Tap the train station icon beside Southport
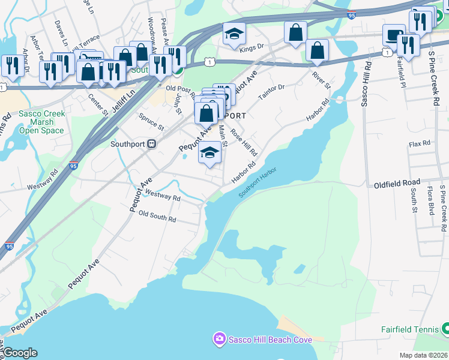pyautogui.click(x=152, y=144)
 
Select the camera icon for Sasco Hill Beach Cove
pyautogui.click(x=219, y=340)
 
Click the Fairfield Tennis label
pyautogui.click(x=410, y=329)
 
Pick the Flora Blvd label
pyautogui.click(x=430, y=201)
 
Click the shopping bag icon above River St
pyautogui.click(x=316, y=51)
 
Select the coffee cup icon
pyautogui.click(x=394, y=35)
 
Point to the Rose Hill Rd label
pyautogui.click(x=244, y=145)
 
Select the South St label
pyautogui.click(x=414, y=201)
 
